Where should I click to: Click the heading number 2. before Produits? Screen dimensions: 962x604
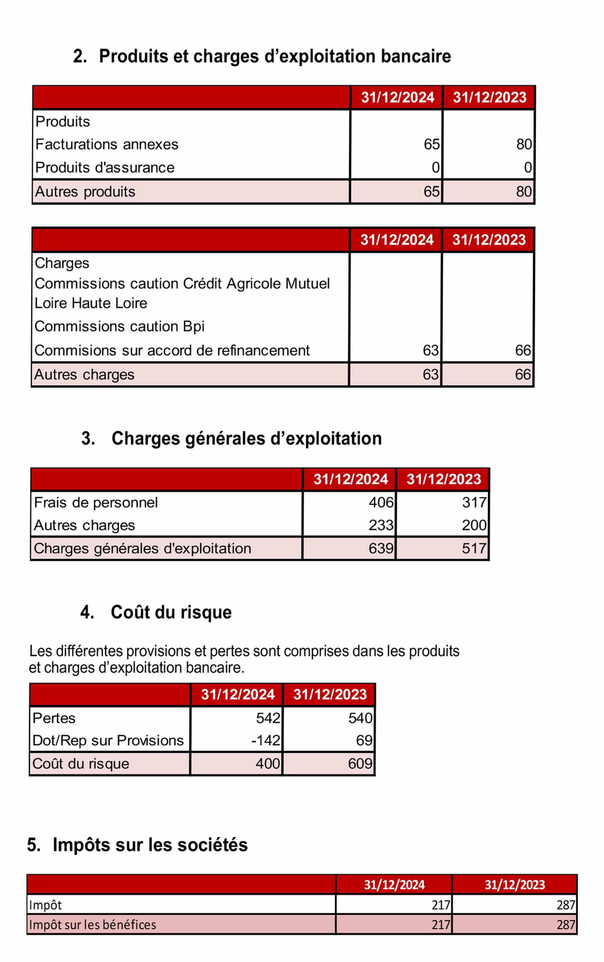pyautogui.click(x=80, y=56)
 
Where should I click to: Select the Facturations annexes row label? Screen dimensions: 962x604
pyautogui.click(x=107, y=144)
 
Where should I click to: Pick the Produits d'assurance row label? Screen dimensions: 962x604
pyautogui.click(x=105, y=167)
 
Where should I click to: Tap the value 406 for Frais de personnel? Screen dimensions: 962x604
pyautogui.click(x=381, y=502)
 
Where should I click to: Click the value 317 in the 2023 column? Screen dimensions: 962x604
pyautogui.click(x=474, y=502)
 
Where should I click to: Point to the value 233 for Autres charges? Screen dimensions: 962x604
pyautogui.click(x=381, y=525)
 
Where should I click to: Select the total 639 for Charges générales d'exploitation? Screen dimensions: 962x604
pyautogui.click(x=381, y=548)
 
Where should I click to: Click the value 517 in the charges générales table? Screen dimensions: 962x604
pyautogui.click(x=474, y=548)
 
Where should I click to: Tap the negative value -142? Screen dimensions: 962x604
pyautogui.click(x=265, y=740)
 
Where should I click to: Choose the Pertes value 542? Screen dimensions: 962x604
pyautogui.click(x=268, y=718)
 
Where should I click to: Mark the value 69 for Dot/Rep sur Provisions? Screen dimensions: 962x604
pyautogui.click(x=364, y=740)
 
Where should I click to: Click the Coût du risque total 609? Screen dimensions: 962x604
pyautogui.click(x=360, y=763)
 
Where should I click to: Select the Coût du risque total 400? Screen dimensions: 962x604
pyautogui.click(x=268, y=763)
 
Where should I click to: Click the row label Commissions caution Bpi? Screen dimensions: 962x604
pyautogui.click(x=119, y=326)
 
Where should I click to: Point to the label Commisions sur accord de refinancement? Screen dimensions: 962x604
pyautogui.click(x=172, y=350)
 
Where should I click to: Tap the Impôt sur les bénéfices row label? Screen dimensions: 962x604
pyautogui.click(x=92, y=924)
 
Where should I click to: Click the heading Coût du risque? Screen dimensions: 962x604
pyautogui.click(x=171, y=612)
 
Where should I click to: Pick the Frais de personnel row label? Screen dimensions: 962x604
pyautogui.click(x=96, y=502)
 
